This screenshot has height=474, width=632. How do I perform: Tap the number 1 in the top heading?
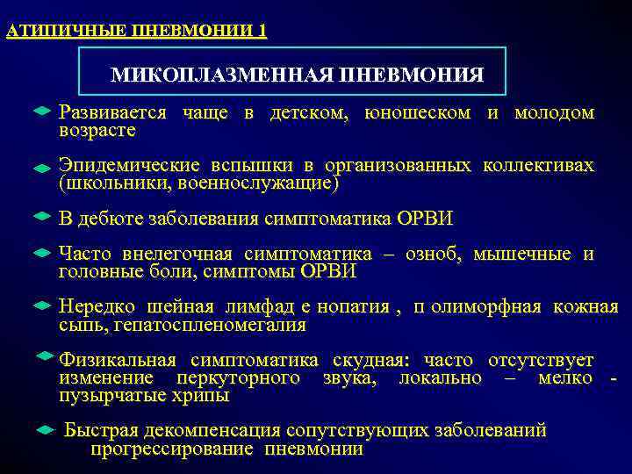(x=262, y=32)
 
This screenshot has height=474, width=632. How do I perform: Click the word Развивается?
(x=111, y=113)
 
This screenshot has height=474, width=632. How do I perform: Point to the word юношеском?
(x=418, y=113)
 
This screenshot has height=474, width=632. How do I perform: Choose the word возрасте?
(x=97, y=131)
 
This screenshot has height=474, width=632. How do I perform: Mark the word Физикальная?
(x=117, y=361)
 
